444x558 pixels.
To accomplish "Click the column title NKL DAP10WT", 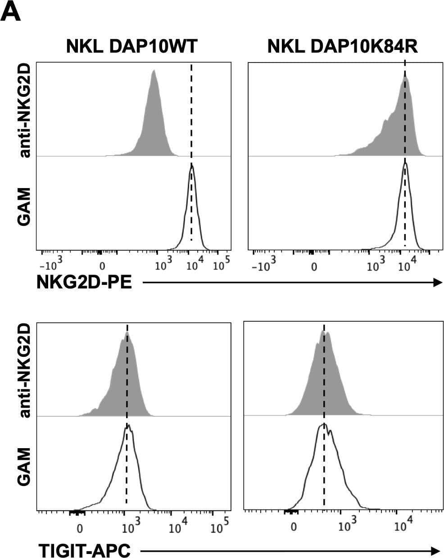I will pos(131,46).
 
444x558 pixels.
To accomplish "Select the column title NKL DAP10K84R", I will pos(343,46).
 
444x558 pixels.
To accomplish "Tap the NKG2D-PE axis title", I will pos(84,283).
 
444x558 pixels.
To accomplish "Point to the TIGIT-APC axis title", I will pos(85,550).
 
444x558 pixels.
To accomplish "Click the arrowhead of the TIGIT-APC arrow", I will pos(435,550).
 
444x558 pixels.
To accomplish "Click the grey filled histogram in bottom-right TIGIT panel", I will pos(324,382).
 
